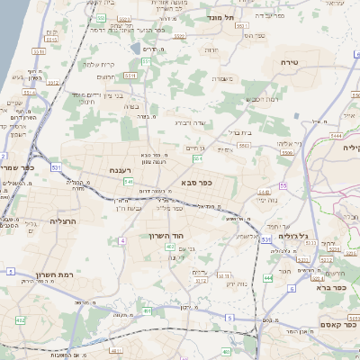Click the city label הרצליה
64,220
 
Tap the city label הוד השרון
166,235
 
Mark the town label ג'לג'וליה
293,236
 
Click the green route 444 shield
267,279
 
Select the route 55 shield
282,186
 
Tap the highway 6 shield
292,289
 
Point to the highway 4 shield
121,240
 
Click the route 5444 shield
335,134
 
